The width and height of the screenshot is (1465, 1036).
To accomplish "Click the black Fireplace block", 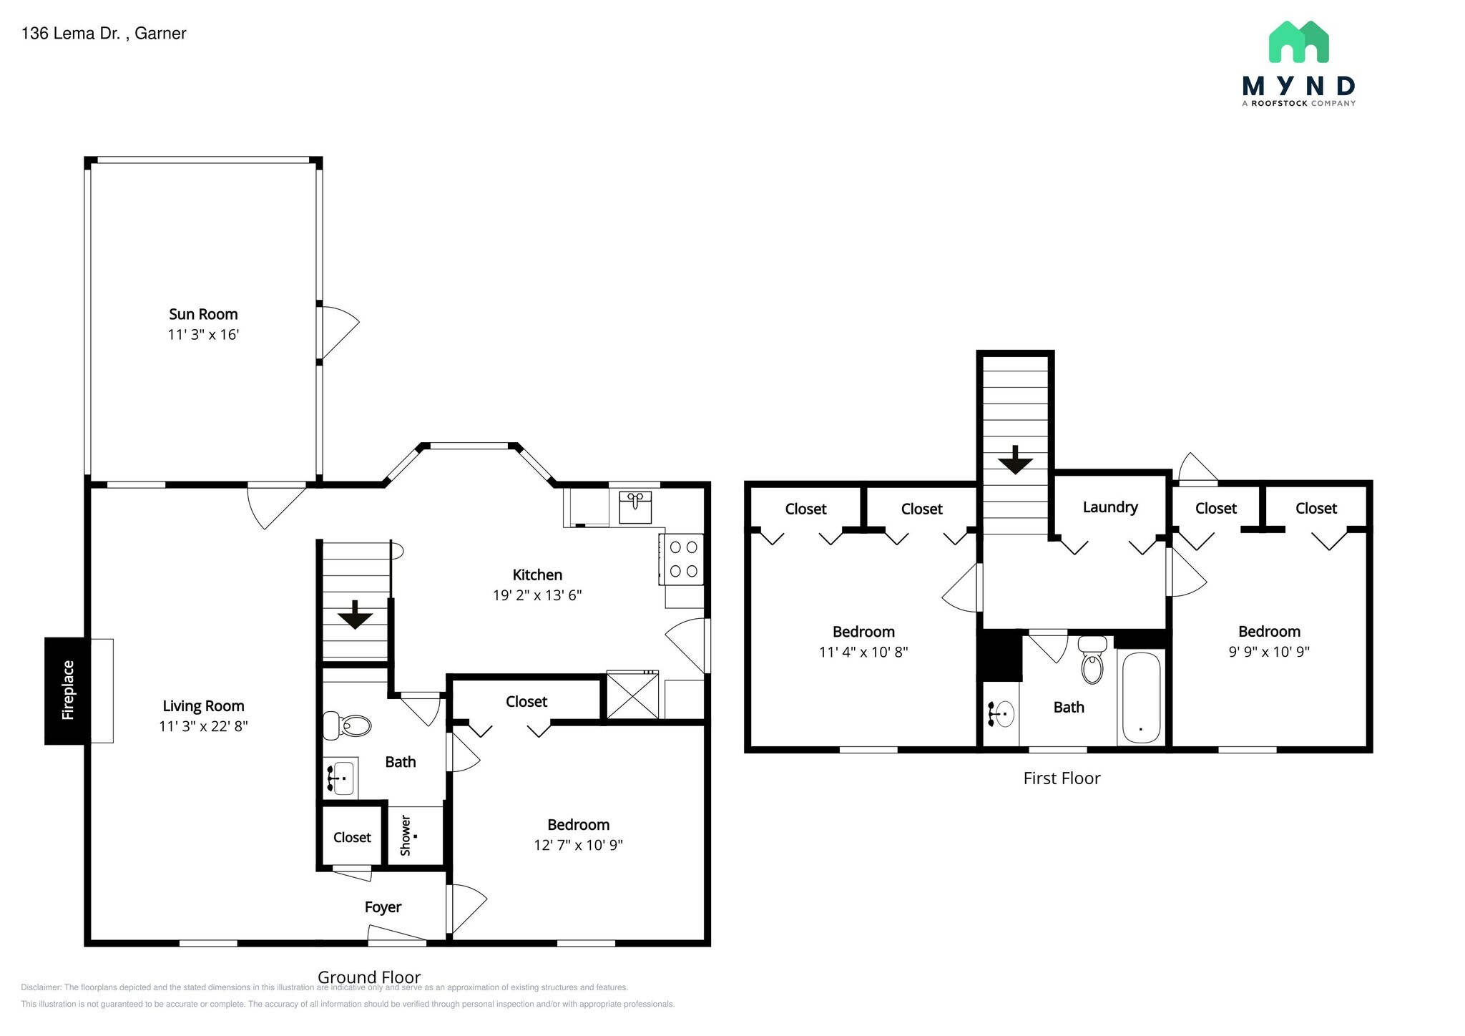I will click(67, 690).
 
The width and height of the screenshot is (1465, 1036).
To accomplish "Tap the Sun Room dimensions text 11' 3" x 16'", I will click(203, 335).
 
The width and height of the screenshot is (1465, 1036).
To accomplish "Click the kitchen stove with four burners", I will click(683, 559).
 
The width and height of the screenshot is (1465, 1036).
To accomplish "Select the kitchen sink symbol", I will click(634, 506).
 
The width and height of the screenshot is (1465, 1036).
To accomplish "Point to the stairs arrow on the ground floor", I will click(355, 615).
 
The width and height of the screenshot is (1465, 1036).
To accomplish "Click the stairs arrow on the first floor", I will click(1015, 460).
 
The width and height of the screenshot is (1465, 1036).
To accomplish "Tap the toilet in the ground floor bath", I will click(348, 725).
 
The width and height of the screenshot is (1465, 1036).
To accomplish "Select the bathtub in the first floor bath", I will click(1141, 698).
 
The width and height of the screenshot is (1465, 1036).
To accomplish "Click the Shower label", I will click(406, 836).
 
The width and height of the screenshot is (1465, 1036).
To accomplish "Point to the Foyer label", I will click(383, 907).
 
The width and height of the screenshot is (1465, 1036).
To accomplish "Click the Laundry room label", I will click(1109, 507).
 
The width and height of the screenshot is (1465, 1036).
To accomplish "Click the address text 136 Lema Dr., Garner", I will click(104, 34).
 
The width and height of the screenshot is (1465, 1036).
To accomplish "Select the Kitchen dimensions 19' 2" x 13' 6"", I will click(537, 595).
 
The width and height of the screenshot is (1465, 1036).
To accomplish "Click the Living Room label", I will click(203, 706).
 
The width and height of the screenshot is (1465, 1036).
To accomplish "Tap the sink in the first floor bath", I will click(1001, 713).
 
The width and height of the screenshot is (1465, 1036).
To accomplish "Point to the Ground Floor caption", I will click(369, 977).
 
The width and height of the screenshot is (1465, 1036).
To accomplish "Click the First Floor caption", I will click(1062, 778).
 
